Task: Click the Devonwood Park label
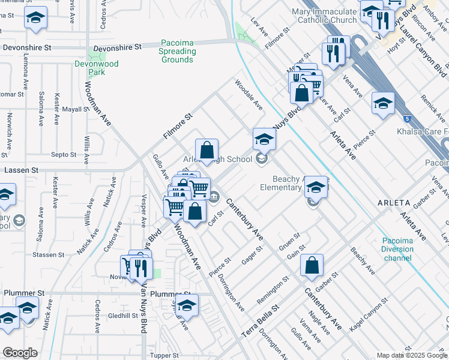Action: [97, 68]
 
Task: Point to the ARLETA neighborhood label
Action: [394, 203]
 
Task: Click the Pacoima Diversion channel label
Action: [397, 249]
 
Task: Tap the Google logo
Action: [20, 353]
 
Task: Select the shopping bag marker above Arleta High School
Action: [206, 151]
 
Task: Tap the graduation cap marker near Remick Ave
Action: [383, 104]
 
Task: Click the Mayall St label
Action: [76, 110]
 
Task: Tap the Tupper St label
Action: [161, 355]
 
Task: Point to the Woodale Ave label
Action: [249, 95]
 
